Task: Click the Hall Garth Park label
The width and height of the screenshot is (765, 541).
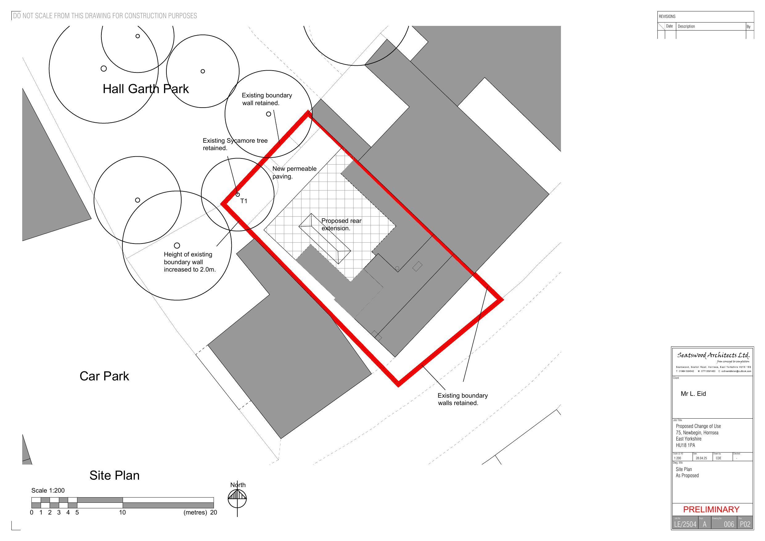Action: tap(145, 89)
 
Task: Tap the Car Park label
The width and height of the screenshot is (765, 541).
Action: tap(104, 376)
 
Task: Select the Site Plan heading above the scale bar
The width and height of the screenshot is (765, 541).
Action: tap(114, 476)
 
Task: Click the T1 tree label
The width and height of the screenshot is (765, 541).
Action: tap(243, 201)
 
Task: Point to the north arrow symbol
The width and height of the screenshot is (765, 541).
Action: tap(237, 499)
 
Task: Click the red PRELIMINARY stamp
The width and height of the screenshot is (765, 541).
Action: tap(711, 510)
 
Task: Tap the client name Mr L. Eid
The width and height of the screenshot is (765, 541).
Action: tap(693, 394)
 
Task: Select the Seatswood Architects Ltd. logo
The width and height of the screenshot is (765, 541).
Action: tap(713, 356)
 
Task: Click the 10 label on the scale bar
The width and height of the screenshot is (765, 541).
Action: tap(122, 513)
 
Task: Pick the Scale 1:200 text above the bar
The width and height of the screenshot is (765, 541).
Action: tap(48, 491)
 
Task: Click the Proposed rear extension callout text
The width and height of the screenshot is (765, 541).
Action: tap(341, 225)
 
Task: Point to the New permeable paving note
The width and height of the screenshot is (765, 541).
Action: tap(294, 173)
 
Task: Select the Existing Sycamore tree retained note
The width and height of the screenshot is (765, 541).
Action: tap(235, 144)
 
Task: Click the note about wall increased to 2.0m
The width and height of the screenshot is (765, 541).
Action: tap(190, 262)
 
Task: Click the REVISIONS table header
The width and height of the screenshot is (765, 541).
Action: tap(667, 16)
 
